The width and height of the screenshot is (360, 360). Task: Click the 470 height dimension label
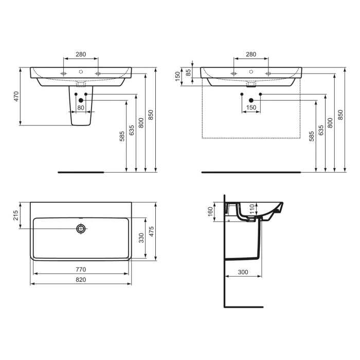click(16, 96)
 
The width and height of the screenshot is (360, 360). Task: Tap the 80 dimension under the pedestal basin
click(81, 107)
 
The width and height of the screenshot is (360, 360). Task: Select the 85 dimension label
click(189, 73)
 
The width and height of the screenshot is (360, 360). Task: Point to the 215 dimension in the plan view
click(16, 214)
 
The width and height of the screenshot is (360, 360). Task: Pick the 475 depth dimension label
click(151, 231)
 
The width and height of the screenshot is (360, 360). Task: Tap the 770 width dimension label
click(81, 269)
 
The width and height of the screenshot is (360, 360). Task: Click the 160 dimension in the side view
click(209, 212)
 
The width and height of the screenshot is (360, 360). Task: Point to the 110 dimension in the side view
click(252, 209)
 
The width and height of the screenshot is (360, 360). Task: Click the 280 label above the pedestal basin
click(80, 53)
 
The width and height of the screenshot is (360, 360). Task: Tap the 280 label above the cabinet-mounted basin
click(251, 53)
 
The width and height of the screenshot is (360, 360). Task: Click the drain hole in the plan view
click(81, 228)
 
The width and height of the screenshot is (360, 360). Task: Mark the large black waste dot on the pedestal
click(81, 100)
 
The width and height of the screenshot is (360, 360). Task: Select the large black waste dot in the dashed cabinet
click(251, 100)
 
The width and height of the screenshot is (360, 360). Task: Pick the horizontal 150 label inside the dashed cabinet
click(251, 107)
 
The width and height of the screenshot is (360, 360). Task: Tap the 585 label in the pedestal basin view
click(122, 136)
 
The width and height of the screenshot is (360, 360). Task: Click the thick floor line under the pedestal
click(81, 172)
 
